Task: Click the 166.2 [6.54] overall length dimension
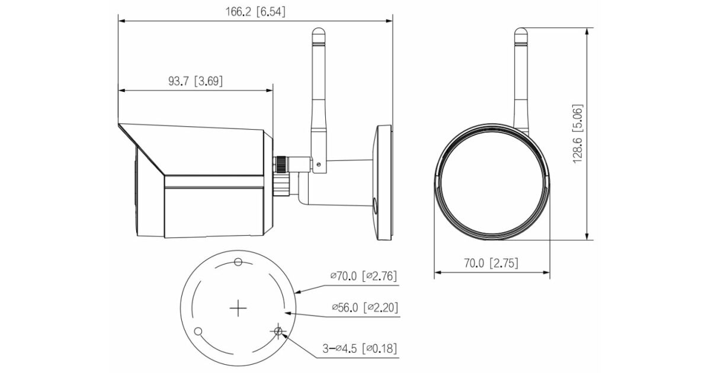click(x=255, y=12)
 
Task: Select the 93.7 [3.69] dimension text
click(x=196, y=81)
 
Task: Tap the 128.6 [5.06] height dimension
click(x=578, y=134)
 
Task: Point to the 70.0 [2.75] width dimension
click(x=491, y=263)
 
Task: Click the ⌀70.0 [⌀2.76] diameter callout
click(x=363, y=276)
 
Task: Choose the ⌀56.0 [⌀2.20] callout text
click(x=365, y=307)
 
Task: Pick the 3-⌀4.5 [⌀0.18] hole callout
click(x=360, y=349)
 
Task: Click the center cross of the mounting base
click(x=238, y=308)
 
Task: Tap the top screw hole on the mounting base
click(x=238, y=262)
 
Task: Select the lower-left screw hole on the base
click(x=198, y=332)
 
